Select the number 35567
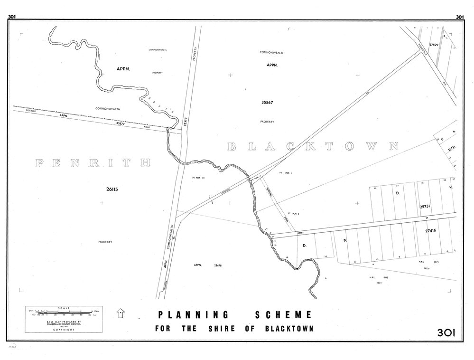(x=267, y=102)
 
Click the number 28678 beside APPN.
(x=218, y=265)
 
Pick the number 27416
(x=428, y=230)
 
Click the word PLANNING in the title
(x=193, y=314)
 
